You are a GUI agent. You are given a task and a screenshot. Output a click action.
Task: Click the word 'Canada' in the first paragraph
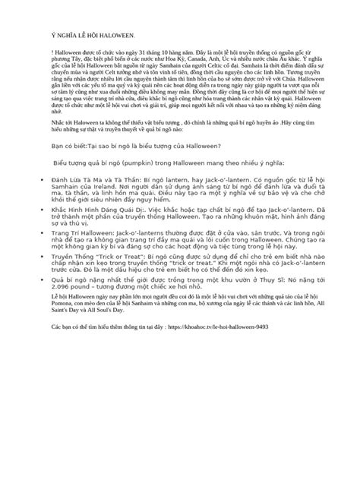[x=181, y=65]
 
